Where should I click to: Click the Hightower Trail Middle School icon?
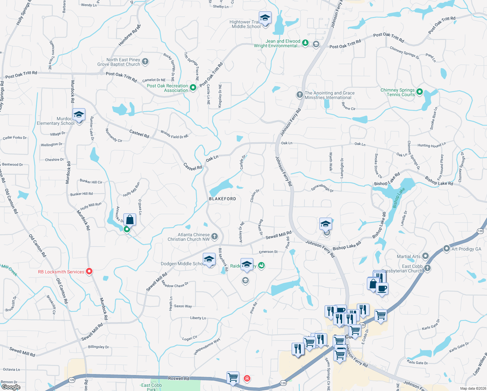point(265,18)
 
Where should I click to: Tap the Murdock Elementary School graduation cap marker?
point(79,115)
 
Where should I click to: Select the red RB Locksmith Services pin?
point(89,271)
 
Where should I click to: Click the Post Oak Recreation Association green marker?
point(193,87)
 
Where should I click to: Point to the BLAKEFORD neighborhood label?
point(222,199)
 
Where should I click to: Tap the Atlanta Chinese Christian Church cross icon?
point(215,236)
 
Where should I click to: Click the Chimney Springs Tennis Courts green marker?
point(420,92)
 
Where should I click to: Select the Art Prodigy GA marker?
point(447,249)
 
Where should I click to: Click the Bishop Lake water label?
point(398,197)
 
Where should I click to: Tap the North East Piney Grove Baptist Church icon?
point(146,61)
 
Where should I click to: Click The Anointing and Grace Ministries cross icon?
point(299,95)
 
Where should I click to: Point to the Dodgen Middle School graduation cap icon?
point(209,260)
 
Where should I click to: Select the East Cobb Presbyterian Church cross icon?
point(427,268)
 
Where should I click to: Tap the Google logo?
point(11,387)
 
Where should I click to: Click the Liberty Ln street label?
point(198,318)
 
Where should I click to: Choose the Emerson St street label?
point(268,252)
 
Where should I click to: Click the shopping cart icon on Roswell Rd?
point(233,378)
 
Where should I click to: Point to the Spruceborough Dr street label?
point(322,188)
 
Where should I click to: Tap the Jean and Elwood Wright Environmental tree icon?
point(305,43)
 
